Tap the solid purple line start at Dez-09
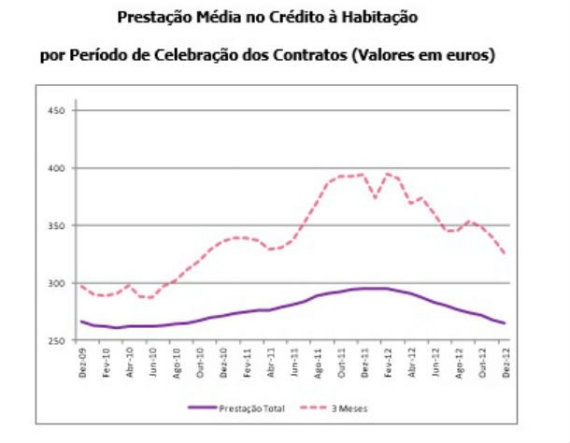tap(81, 322)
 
